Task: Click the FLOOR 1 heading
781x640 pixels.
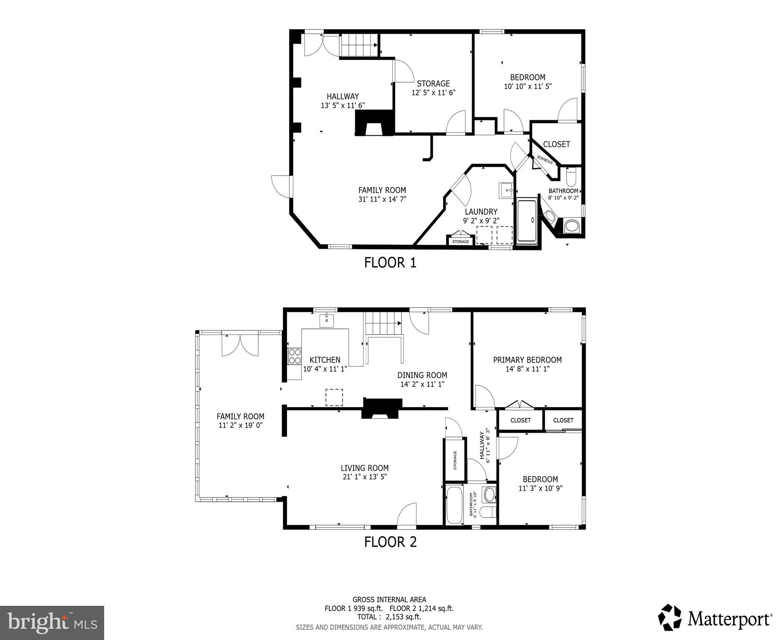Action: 390,262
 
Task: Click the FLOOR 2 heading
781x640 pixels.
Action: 390,542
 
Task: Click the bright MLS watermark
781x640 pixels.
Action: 52,622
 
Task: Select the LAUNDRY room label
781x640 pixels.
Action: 481,212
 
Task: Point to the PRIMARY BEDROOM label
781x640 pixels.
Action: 527,360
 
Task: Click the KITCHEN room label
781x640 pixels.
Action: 325,360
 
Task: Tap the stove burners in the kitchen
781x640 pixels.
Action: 294,356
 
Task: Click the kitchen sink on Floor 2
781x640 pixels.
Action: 327,321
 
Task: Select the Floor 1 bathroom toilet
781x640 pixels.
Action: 571,177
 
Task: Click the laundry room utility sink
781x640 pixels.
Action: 507,190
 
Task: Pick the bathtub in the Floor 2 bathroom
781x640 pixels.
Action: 454,505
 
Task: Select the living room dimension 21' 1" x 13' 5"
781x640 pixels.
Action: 364,477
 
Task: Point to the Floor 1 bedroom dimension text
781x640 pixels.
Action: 528,87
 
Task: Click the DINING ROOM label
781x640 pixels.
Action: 422,375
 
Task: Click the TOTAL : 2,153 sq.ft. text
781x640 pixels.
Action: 389,617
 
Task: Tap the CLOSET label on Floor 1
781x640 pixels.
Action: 556,144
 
